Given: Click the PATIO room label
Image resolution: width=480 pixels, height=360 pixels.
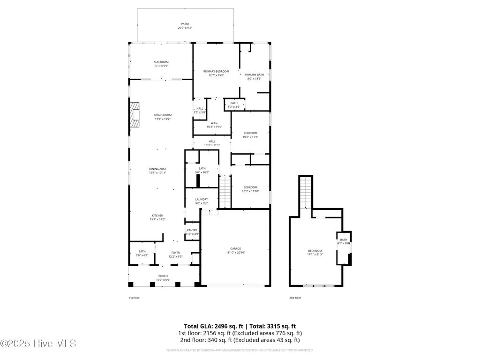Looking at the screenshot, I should click(185, 24).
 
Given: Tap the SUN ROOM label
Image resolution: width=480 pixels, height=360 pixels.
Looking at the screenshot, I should click(161, 62).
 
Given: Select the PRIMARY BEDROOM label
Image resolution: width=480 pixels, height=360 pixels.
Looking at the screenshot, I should click(216, 71).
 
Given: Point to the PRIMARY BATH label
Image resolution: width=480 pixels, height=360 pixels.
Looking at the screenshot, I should click(254, 75).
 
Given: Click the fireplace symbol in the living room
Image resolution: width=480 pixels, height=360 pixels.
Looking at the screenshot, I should click(135, 115).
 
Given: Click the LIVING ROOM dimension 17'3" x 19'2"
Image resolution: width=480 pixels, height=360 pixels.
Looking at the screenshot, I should click(163, 119).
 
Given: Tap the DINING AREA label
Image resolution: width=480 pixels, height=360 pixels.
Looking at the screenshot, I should click(157, 169).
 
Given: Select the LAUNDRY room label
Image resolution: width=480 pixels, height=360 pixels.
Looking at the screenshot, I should click(202, 199).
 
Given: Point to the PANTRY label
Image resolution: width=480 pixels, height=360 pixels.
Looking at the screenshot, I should click(192, 230).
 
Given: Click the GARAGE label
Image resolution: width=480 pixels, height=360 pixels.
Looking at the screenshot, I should click(235, 248).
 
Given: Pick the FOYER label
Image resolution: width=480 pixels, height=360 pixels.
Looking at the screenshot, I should click(175, 253).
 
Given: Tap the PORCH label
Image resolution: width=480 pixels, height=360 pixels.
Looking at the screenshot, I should click(163, 276).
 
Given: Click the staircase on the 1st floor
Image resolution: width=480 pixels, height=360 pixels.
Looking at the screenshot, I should click(225, 191).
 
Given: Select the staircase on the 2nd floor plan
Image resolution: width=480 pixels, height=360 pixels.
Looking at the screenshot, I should click(306, 192).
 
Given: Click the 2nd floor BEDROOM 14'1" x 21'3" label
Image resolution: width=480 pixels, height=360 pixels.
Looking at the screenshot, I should click(315, 251).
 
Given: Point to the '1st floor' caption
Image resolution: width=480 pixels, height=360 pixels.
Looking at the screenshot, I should click(134, 298).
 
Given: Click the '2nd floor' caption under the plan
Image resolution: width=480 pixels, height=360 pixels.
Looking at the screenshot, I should click(295, 298).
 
